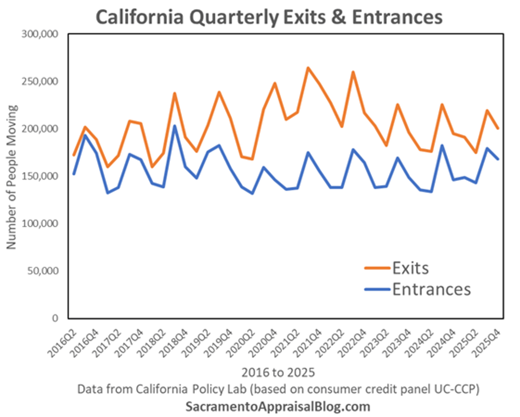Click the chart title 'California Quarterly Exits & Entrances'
tap(269, 17)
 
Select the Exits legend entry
tap(410, 268)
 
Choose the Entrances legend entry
tap(431, 289)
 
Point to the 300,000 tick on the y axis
tap(40, 34)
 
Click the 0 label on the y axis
tap(55, 319)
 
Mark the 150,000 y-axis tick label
tap(40, 176)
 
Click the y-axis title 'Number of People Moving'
tap(12, 177)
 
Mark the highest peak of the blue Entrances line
tap(175, 126)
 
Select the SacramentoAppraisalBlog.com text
tap(278, 407)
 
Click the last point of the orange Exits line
tap(498, 128)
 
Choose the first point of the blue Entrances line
tap(74, 174)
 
